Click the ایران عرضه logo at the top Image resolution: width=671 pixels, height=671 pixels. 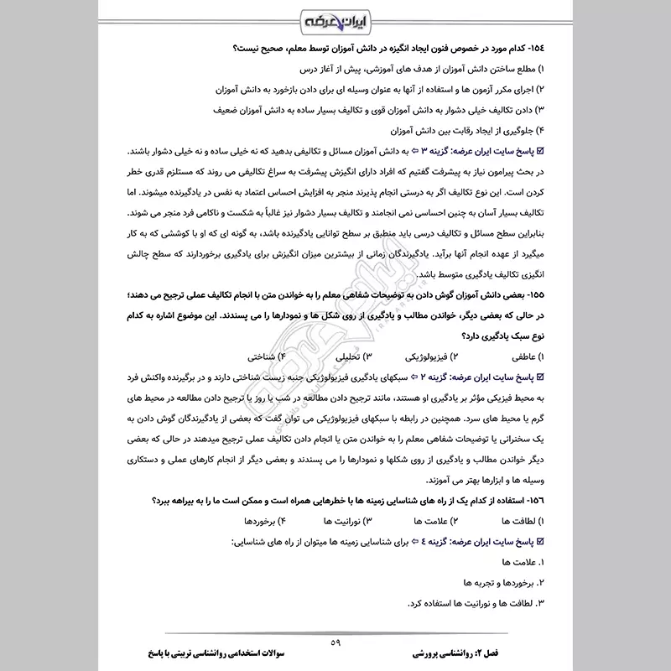pyautogui.click(x=335, y=19)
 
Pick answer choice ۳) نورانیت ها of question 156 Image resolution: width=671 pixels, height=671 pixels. pyautogui.click(x=342, y=521)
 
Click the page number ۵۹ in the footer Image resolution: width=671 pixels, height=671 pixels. pyautogui.click(x=335, y=642)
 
